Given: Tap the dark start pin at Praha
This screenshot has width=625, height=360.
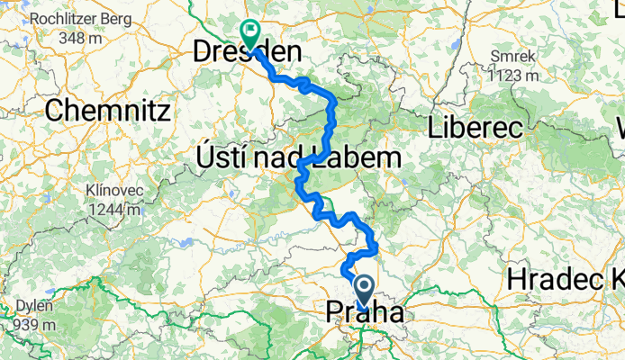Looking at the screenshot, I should coord(365,292).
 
